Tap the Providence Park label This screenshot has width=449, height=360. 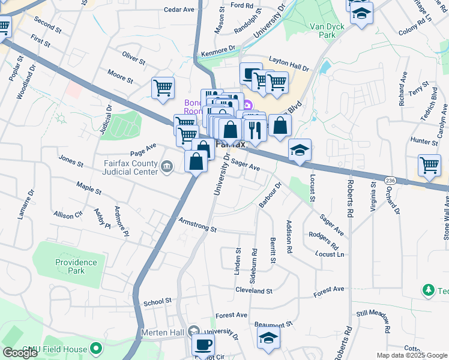tap(76, 266)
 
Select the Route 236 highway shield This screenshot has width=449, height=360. tap(390, 180)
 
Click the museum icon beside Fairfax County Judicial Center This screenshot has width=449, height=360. tap(169, 166)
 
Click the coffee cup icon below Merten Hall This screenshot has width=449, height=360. tap(203, 345)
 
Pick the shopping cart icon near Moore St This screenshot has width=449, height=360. tap(163, 88)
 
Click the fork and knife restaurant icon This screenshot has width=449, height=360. tap(255, 129)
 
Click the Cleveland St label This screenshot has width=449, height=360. tap(254, 290)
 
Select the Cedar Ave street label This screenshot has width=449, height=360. tap(179, 10)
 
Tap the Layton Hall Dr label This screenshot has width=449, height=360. tap(288, 61)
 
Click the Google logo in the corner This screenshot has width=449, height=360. tap(20, 353)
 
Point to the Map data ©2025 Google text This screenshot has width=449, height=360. tap(411, 355)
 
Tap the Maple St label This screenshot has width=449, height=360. tap(89, 191)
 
